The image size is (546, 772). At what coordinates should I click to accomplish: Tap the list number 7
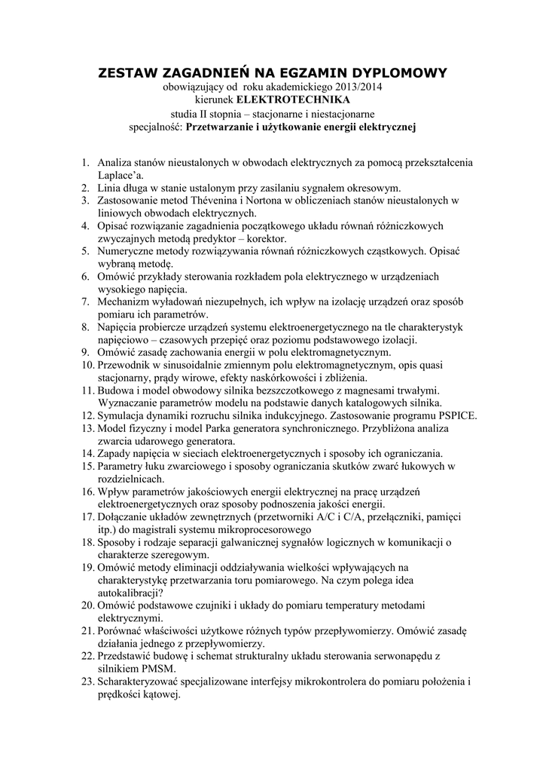pyautogui.click(x=85, y=302)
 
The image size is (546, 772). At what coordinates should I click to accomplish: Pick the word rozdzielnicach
pyautogui.click(x=130, y=479)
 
